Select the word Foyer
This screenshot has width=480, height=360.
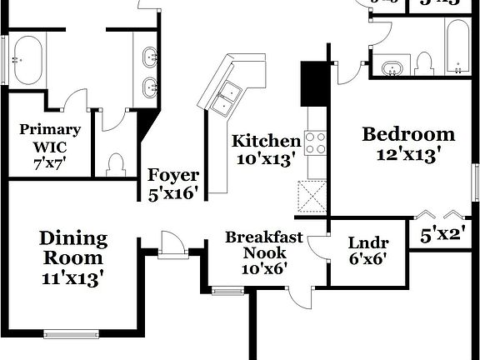pyautogui.click(x=173, y=175)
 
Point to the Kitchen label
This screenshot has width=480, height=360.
pyautogui.click(x=266, y=140)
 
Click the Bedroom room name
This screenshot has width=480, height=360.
pyautogui.click(x=408, y=134)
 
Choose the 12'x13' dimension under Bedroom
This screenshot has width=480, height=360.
pyautogui.click(x=408, y=154)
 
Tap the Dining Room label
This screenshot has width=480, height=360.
pyautogui.click(x=73, y=248)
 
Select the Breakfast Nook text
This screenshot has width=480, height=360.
pyautogui.click(x=263, y=245)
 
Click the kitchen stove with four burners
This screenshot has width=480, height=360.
pyautogui.click(x=316, y=143)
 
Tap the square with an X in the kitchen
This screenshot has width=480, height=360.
pyautogui.click(x=315, y=198)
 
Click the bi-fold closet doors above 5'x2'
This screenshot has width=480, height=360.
pyautogui.click(x=442, y=213)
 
